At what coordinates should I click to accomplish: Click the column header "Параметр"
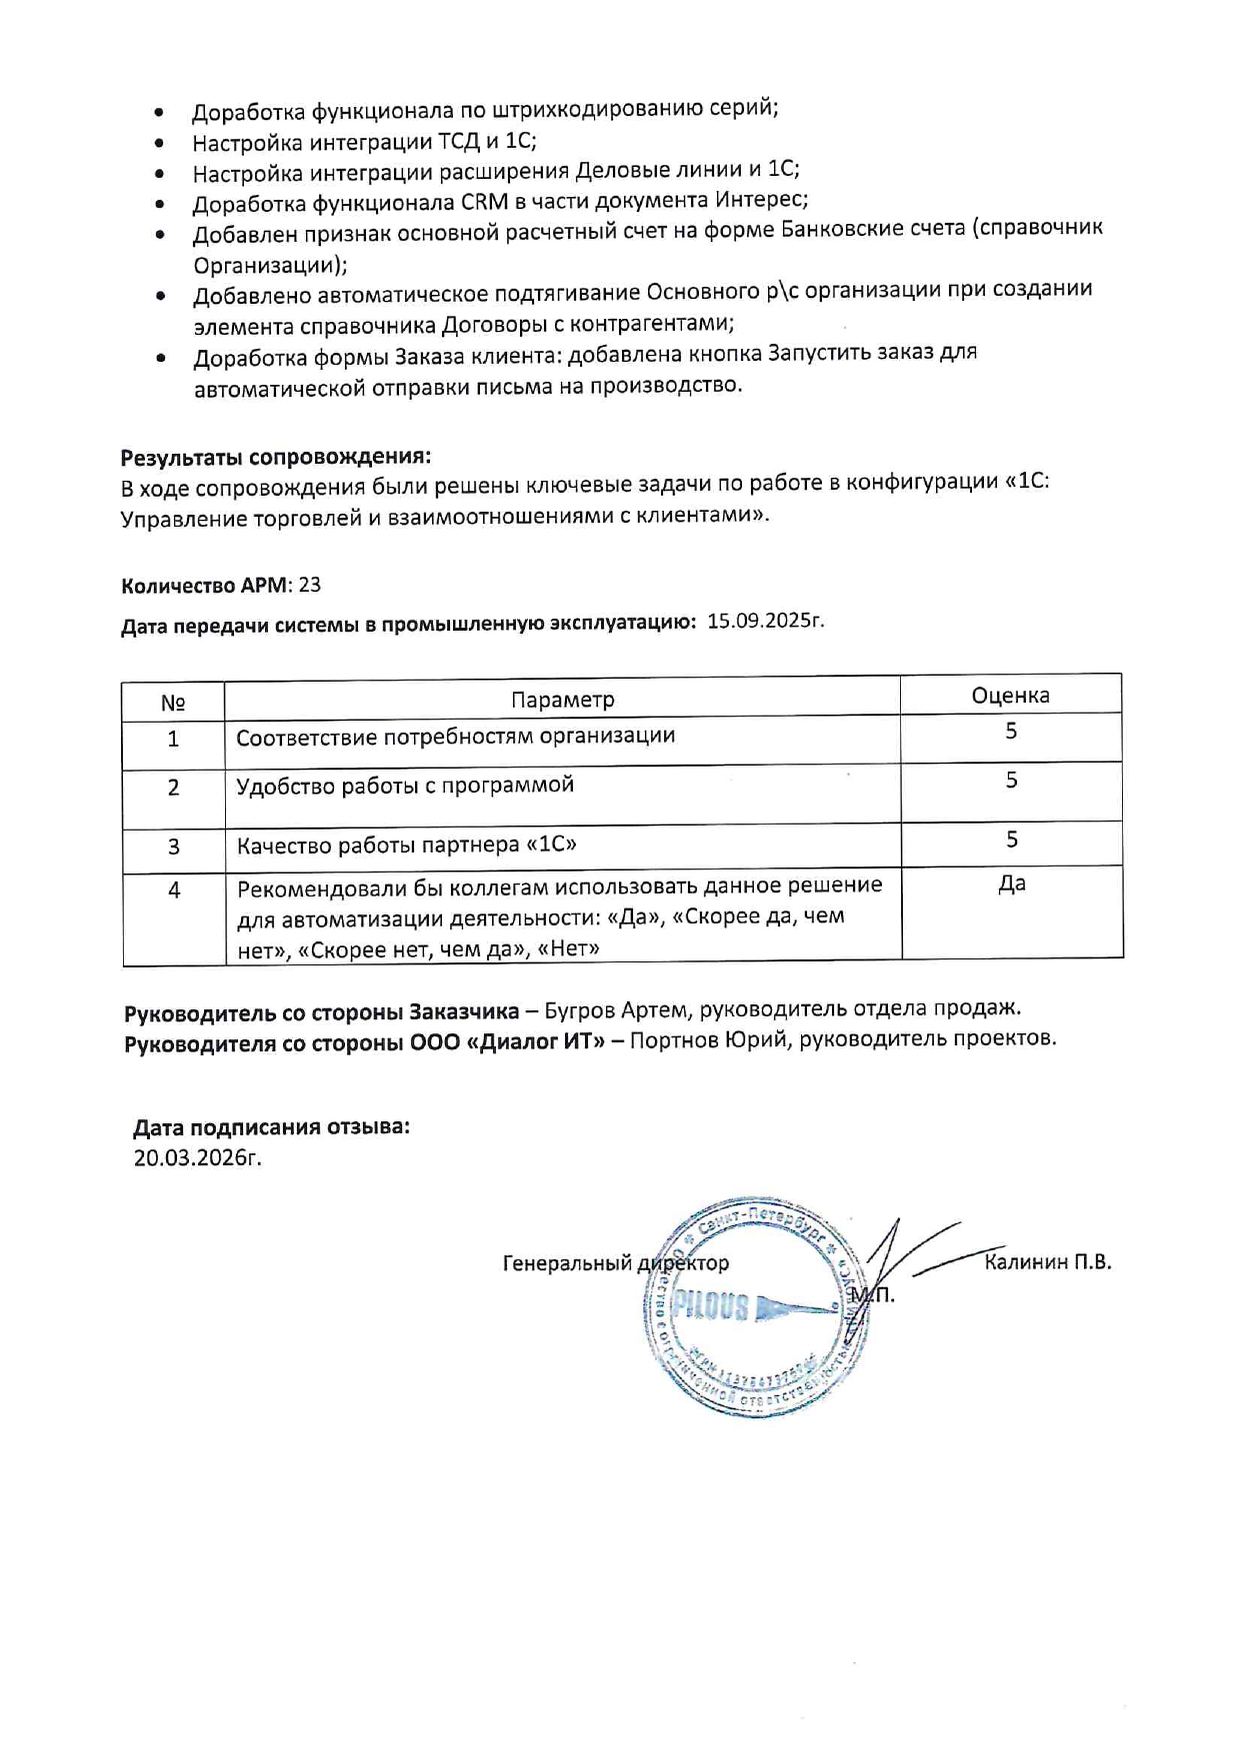562,700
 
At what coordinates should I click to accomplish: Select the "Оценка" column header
1010,696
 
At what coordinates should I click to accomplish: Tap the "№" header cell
173,703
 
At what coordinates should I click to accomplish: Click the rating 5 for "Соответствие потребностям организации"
1011,732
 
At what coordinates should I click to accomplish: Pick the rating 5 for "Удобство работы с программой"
1011,781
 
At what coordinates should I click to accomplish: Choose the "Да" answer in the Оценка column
1011,883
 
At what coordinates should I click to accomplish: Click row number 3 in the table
173,848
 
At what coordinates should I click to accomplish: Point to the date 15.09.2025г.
765,621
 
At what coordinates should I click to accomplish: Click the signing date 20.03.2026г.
197,1158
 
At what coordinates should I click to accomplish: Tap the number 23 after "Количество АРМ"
310,586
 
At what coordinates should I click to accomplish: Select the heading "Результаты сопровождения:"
275,457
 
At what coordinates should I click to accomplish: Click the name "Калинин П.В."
1047,1262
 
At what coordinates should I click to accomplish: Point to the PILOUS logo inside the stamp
711,1305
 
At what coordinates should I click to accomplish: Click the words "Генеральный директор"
615,1264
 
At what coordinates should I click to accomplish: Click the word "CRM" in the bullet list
484,202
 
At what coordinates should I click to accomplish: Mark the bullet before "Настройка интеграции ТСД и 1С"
159,144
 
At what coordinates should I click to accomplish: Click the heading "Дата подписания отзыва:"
271,1127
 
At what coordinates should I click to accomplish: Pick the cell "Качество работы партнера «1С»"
406,846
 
